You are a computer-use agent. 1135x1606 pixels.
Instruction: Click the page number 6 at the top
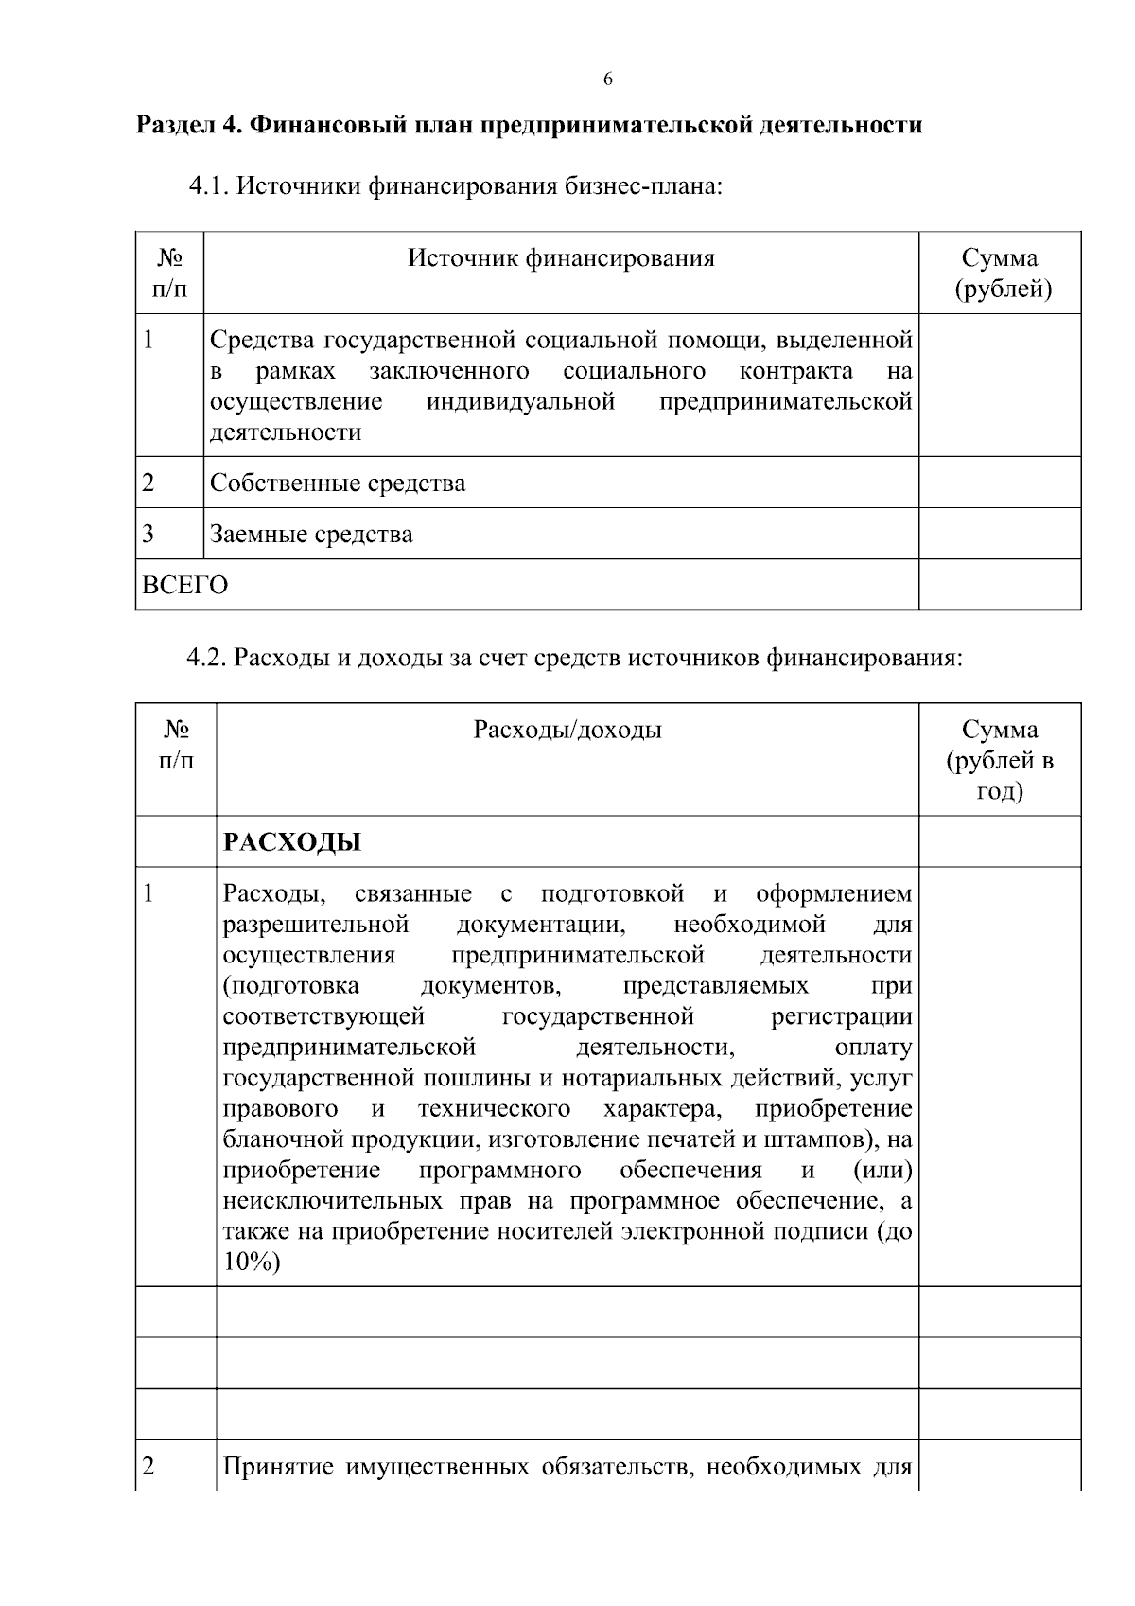607,79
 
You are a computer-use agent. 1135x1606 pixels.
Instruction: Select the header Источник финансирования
561,258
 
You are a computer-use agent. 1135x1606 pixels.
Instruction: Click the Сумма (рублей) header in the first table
1000,274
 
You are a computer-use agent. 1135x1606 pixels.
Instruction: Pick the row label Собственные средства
338,484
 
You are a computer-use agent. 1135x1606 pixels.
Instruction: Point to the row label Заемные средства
311,535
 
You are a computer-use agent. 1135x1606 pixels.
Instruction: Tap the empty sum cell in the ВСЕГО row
1000,585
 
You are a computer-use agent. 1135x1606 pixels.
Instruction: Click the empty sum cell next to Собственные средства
1000,483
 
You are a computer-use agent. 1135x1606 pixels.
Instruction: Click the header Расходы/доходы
567,730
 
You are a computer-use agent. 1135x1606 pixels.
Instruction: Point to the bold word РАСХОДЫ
291,842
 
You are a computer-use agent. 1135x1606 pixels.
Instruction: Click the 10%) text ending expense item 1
252,1262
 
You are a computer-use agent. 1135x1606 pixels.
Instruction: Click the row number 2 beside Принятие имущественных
148,1467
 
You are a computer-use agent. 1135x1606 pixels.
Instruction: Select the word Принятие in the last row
279,1468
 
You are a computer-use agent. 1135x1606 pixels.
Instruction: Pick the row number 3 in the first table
148,534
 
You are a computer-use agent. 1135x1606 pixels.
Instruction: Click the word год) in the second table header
1000,791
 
